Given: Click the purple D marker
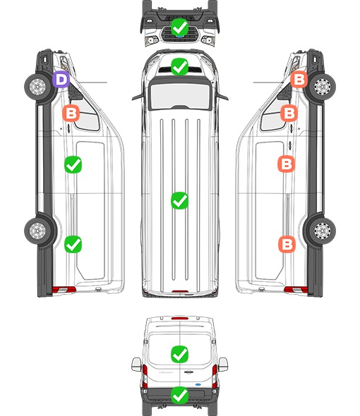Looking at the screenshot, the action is [x=61, y=80].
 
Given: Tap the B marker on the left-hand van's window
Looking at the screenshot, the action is [x=71, y=114].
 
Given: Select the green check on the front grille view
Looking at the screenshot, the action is [x=179, y=27].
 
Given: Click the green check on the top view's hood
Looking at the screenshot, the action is [x=179, y=66].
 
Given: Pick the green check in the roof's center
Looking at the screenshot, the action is [x=179, y=200].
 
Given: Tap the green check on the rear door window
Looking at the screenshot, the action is [x=179, y=354].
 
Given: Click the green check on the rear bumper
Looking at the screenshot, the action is [x=179, y=396].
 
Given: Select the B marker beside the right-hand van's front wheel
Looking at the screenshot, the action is [x=299, y=80].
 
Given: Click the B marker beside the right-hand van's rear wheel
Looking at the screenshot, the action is [x=287, y=244].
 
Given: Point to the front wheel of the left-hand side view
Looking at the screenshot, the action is [x=37, y=87].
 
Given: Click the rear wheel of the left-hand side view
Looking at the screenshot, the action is [x=37, y=231].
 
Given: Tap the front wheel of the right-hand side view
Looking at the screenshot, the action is [x=322, y=87].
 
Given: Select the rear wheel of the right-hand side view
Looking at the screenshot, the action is [x=322, y=231].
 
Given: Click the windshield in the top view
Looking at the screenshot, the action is [x=180, y=95].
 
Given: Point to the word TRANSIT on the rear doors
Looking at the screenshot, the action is [x=166, y=372].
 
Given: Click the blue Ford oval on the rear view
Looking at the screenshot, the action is [x=198, y=384].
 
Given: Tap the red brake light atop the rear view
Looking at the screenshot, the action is [x=180, y=318].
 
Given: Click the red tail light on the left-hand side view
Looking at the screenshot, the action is [x=64, y=290].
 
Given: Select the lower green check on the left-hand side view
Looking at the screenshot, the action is [x=73, y=244].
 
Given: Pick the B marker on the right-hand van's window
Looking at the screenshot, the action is [x=289, y=113].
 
